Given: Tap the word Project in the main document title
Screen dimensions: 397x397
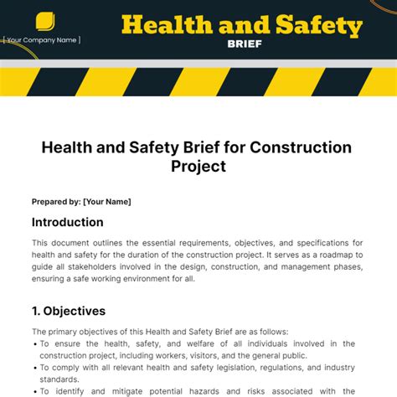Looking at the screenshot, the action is pos(198,167).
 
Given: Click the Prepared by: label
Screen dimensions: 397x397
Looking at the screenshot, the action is pos(56,202).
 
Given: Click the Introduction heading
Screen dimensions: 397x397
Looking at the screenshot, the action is pos(68,223).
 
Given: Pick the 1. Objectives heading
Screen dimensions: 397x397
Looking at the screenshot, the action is pos(69,311).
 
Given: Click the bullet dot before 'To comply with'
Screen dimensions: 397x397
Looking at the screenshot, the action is pos(34,368).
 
